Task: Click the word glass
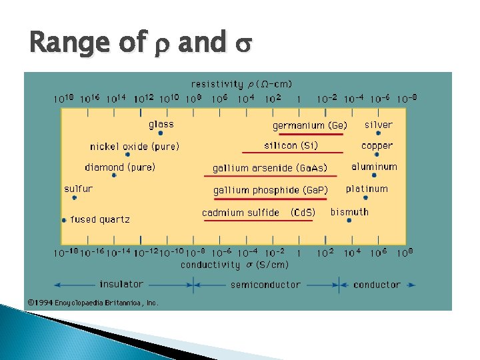[161, 124]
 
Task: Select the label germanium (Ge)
[309, 125]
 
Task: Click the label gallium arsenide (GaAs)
[270, 167]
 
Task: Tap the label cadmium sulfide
[241, 213]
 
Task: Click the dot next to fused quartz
[64, 219]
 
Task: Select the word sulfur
[78, 189]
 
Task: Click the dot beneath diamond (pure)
[114, 175]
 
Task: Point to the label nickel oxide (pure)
[135, 146]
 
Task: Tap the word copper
[377, 145]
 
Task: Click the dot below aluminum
[374, 175]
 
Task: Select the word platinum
[367, 189]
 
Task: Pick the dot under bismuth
[349, 221]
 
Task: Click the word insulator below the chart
[121, 285]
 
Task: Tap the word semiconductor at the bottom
[265, 285]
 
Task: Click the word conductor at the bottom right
[377, 285]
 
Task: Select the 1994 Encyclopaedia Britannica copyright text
[93, 303]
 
